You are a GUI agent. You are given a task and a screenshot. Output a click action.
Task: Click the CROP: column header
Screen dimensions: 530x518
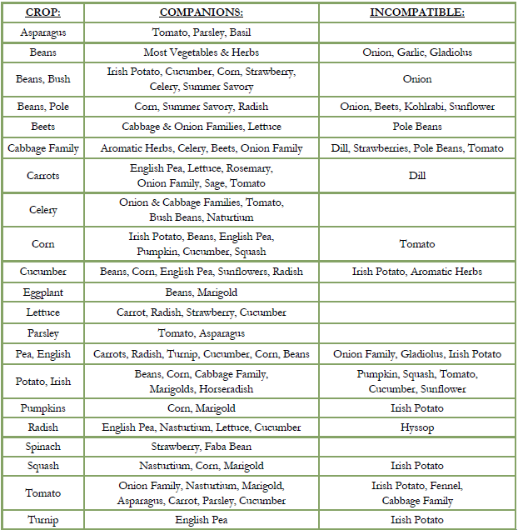tap(42, 13)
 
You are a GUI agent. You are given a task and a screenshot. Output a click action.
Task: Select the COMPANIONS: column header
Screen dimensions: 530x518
tap(201, 13)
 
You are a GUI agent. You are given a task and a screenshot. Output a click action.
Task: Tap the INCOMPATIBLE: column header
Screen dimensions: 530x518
tap(417, 13)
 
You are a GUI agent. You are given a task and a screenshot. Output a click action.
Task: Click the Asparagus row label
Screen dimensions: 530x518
tap(42, 32)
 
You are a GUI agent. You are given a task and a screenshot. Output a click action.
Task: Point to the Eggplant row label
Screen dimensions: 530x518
tap(42, 292)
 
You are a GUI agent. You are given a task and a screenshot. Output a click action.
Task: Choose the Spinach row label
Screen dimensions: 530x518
tap(42, 447)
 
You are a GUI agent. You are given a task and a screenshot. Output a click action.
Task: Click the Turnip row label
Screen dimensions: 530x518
tap(42, 519)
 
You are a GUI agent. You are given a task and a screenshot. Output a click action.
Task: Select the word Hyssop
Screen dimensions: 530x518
tap(417, 427)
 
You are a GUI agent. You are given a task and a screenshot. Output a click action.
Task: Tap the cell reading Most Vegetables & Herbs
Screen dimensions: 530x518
tap(201, 52)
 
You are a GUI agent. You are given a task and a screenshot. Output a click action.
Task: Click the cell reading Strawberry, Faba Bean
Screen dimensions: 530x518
tap(201, 447)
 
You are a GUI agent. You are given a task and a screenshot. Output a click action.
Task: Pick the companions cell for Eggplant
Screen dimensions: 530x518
tap(201, 292)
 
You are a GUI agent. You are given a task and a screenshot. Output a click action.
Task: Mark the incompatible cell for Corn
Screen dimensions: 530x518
tap(417, 244)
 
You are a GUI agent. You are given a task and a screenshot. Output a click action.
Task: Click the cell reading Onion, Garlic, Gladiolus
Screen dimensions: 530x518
tap(417, 52)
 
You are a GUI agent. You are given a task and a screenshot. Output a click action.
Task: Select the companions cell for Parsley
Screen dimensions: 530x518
tap(201, 333)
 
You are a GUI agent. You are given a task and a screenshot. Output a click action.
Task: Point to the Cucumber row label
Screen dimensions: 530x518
tap(42, 272)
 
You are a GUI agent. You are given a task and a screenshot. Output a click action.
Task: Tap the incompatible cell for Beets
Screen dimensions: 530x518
tap(417, 127)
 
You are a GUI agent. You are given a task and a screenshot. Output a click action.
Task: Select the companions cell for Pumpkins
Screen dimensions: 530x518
tap(201, 408)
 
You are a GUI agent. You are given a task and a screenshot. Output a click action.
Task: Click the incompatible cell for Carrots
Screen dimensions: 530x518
tap(417, 176)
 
